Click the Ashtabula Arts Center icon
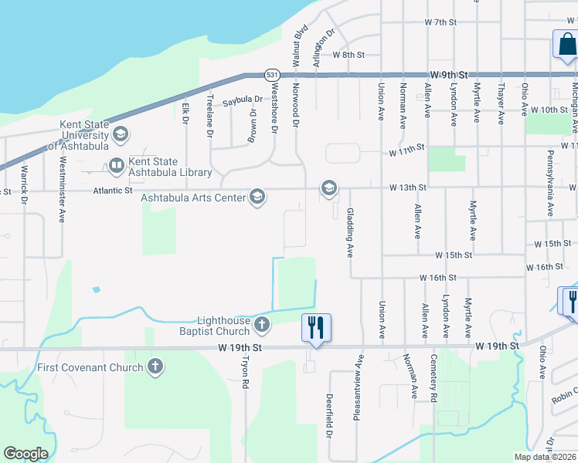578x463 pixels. pos(257,198)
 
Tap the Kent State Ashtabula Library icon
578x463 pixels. pos(116,165)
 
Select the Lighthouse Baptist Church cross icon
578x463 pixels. pos(262,325)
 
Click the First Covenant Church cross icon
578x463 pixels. pos(155,367)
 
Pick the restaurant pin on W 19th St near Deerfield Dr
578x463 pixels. pos(315,326)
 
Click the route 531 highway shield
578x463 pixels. pos(271,74)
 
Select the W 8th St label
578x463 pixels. pos(348,55)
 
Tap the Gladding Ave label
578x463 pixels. pos(350,232)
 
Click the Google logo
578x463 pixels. pos(25,454)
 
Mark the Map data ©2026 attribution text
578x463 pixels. pos(545,457)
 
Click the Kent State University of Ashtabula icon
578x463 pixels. pos(119,134)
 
